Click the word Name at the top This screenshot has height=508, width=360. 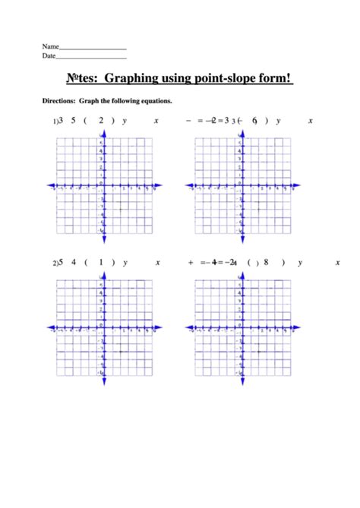pos(50,46)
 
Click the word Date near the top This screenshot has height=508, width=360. pos(49,56)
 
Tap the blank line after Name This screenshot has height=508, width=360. pos(92,49)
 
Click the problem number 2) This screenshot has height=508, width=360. pos(55,263)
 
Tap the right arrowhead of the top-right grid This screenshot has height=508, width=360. pos(295,185)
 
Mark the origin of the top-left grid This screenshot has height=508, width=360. pos(103,185)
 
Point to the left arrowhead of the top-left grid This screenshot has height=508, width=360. pos(49,185)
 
